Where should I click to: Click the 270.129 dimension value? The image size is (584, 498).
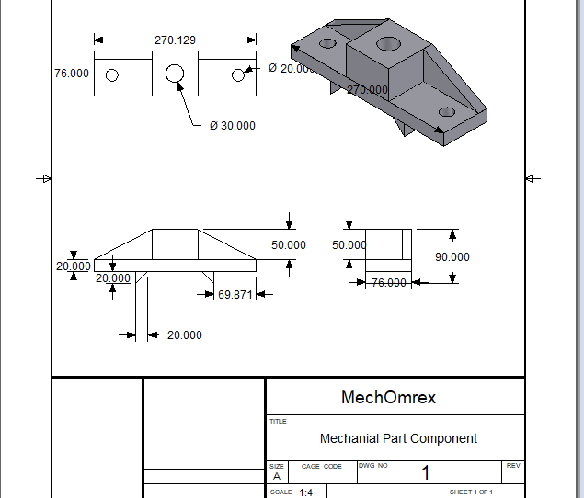click(175, 40)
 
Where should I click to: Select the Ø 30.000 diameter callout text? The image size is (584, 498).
click(233, 126)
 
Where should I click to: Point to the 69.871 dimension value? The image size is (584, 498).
click(235, 294)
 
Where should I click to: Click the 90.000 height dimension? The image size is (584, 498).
click(452, 257)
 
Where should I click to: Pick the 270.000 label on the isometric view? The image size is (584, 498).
click(367, 90)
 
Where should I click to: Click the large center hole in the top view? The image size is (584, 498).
click(175, 74)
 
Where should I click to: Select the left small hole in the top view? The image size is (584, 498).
click(112, 75)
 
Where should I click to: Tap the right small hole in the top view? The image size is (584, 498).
click(237, 75)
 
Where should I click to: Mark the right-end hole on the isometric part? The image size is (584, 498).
click(447, 112)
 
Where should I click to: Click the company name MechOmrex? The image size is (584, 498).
click(388, 398)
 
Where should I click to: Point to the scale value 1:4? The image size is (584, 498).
click(305, 492)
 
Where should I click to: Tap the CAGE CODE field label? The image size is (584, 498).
click(321, 467)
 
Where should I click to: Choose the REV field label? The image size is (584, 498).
click(513, 466)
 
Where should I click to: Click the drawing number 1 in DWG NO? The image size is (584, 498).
click(426, 474)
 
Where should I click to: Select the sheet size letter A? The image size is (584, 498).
click(276, 476)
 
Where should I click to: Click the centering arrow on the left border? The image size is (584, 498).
click(43, 178)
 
